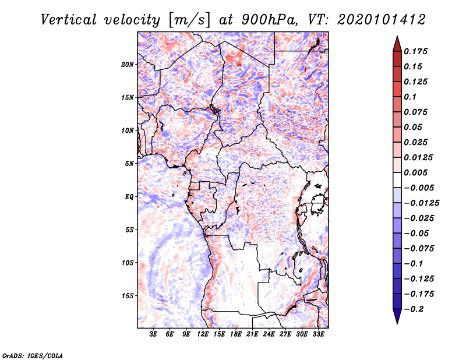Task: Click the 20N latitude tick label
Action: click(128, 64)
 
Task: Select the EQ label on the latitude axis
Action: click(129, 197)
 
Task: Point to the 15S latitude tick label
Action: click(128, 296)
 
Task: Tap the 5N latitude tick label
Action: click(129, 164)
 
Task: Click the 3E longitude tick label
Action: click(154, 335)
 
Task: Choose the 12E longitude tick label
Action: click(203, 335)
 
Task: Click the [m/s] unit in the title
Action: click(188, 19)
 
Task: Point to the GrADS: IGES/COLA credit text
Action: click(33, 355)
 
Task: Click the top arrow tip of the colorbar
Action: click(396, 37)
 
